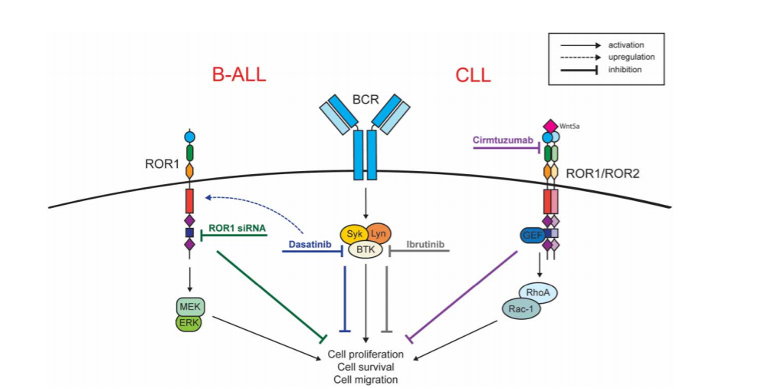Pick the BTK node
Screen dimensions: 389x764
click(366, 249)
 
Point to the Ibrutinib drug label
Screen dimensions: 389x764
click(424, 246)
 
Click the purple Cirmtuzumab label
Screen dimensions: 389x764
click(503, 139)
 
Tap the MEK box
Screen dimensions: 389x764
click(188, 308)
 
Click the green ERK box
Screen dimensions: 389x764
click(188, 323)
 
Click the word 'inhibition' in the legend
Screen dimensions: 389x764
click(625, 70)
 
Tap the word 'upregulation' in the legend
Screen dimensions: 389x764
click(630, 57)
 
